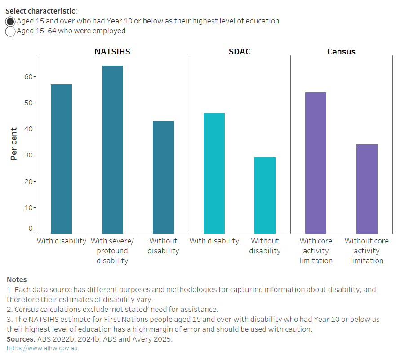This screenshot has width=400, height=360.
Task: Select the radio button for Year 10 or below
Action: coord(11,21)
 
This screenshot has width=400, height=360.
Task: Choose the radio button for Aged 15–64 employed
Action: coord(11,31)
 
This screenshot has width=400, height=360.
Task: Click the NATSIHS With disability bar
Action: coord(61,158)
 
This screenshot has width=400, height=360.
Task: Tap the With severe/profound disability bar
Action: coord(112,149)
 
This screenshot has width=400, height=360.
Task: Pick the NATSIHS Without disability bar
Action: coord(163,177)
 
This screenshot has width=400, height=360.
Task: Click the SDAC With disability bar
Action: coord(214,173)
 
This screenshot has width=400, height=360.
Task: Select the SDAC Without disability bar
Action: coord(265,195)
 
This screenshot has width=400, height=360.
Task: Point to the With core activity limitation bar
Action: coord(316,162)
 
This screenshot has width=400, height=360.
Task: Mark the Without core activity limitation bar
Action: coord(367,189)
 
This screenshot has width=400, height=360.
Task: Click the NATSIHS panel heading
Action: coord(112,52)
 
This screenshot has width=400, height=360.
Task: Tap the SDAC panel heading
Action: coord(240,52)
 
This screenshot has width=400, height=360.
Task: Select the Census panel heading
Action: coord(341,52)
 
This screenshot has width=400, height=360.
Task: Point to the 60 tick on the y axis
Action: coord(29,76)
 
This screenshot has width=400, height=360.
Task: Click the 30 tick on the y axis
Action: coord(29,155)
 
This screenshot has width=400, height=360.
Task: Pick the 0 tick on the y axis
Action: coord(31,229)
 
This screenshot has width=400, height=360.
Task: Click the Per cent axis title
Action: coord(14,144)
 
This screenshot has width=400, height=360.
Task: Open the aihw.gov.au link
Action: coord(42,348)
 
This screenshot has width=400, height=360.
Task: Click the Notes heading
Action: coord(17,280)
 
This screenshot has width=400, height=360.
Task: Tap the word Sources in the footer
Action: coord(20,339)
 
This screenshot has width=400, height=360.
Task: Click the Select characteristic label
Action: coord(41,10)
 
